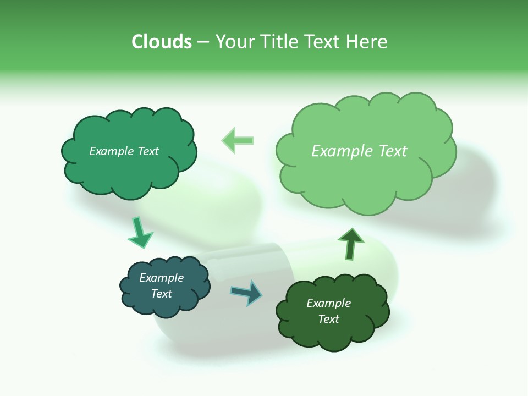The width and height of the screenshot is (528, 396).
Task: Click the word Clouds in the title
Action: click(x=162, y=42)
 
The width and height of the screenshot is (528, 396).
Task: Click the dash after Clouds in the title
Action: click(x=203, y=42)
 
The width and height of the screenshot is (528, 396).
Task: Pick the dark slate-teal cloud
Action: click(x=165, y=305)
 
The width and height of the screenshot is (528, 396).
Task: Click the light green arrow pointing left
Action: click(x=238, y=140)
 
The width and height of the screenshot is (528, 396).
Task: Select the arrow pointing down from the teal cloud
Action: click(x=140, y=232)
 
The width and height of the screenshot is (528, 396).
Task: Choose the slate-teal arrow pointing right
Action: click(x=246, y=292)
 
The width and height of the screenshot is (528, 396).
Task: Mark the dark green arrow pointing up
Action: click(x=350, y=244)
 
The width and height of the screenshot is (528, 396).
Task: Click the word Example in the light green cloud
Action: click(x=343, y=151)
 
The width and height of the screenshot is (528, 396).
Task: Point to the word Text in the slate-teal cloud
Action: click(x=162, y=294)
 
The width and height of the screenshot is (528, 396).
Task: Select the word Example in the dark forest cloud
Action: click(x=328, y=303)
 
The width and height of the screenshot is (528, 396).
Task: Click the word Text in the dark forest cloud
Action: click(x=328, y=319)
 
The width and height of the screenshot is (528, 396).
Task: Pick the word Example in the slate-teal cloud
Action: click(x=162, y=278)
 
